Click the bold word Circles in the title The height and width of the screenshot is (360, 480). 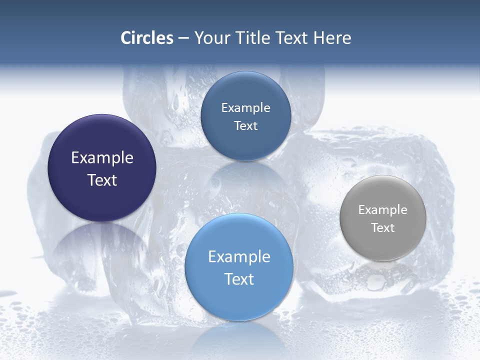coord(147,38)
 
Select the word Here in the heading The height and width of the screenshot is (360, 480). coord(332,38)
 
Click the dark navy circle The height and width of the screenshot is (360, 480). coord(102,168)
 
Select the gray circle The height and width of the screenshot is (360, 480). coord(383,218)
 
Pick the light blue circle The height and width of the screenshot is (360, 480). coord(239,267)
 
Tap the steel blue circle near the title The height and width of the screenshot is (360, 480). coord(245,116)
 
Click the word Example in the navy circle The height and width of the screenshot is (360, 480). coord(102,158)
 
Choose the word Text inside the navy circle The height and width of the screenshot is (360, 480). coord(102,180)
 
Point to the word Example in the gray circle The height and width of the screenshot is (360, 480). coord(383,210)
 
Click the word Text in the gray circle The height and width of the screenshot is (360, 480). coord(383,228)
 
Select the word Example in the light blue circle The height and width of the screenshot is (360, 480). coord(239,257)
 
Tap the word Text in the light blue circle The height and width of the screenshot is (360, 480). coord(239,279)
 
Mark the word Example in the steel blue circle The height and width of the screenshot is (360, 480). coord(245,108)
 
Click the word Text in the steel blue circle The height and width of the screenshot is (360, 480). coord(245,126)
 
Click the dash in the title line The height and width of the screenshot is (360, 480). coord(183,38)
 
